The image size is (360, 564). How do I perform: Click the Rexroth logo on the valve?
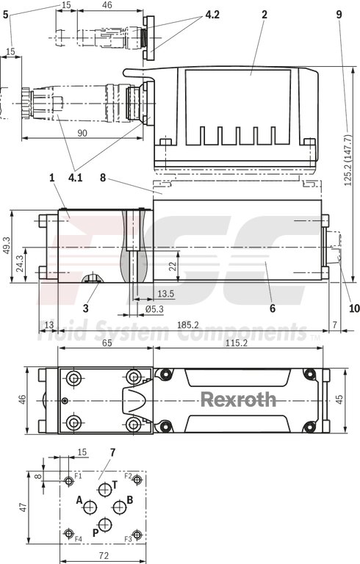239,399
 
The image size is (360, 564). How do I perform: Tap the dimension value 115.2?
235,342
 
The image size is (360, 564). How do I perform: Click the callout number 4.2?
212,15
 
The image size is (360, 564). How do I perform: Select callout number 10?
334,309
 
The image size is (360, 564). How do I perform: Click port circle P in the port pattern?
105,524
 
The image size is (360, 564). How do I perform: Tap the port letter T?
114,485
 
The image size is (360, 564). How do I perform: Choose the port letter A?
79,499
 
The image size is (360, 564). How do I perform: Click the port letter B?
129,499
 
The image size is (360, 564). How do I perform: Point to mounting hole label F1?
78,477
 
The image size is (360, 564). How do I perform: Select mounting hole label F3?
127,539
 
